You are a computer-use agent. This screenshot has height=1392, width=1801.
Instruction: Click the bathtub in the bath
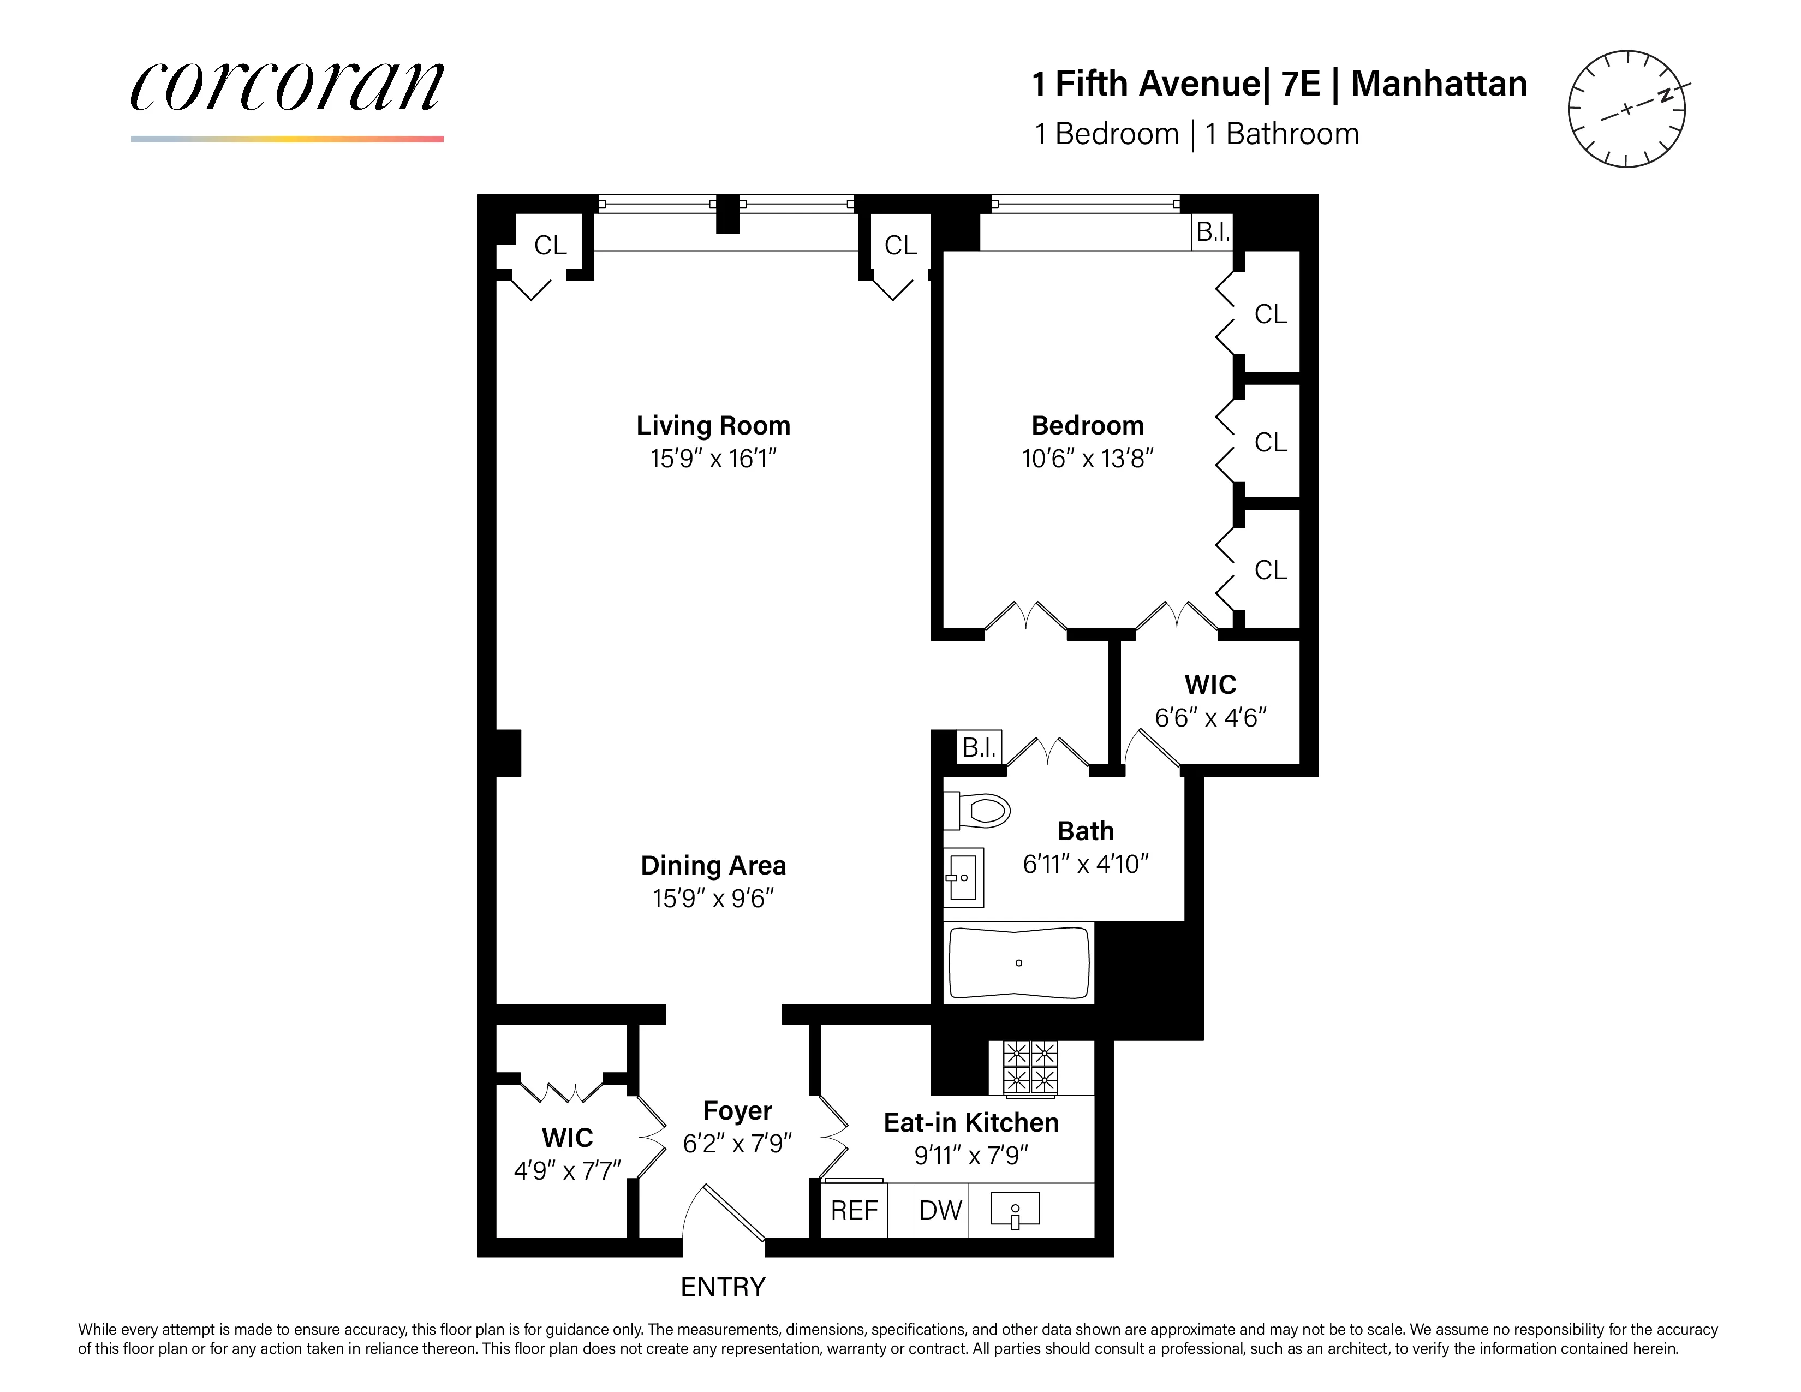pos(1019,962)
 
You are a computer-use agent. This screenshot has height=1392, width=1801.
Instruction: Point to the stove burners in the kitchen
pos(1030,1067)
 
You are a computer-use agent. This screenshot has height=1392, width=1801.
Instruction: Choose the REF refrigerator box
pos(854,1210)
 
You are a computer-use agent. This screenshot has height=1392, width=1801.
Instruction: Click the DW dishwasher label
pos(940,1210)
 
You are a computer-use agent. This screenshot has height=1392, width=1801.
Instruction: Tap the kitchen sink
pos(1015,1210)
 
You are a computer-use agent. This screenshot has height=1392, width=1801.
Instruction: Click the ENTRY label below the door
pos(723,1287)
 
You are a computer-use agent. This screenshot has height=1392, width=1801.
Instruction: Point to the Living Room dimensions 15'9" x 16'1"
pos(713,459)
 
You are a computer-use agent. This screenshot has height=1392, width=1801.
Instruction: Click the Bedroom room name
pos(1088,426)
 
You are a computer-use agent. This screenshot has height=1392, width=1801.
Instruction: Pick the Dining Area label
pos(713,865)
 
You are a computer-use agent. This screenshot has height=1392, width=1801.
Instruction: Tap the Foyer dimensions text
pos(737,1143)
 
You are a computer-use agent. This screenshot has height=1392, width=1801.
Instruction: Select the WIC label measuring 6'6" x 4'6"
pos(1210,685)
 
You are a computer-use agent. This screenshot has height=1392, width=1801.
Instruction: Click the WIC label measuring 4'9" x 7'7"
pos(568,1138)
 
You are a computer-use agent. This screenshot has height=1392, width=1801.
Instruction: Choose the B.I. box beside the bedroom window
pos(1212,233)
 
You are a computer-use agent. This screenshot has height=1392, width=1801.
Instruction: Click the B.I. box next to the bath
pos(980,747)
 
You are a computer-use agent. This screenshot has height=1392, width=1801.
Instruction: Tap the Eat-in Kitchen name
pos(970,1122)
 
